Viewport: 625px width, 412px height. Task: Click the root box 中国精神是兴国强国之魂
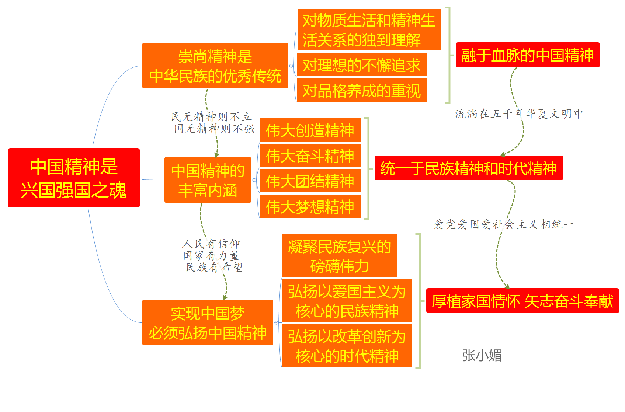click(x=74, y=178)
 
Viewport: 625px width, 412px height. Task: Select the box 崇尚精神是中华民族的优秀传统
click(x=215, y=66)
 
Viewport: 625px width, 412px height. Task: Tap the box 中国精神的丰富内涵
click(x=208, y=180)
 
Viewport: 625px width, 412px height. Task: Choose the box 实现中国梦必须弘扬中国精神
click(x=208, y=322)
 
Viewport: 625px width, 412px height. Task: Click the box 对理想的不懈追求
click(x=362, y=65)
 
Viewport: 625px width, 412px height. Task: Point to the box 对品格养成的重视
click(x=362, y=90)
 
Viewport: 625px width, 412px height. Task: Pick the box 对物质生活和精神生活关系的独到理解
click(x=369, y=30)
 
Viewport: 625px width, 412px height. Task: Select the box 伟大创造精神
click(x=310, y=130)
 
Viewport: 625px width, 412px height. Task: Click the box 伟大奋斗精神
click(x=310, y=156)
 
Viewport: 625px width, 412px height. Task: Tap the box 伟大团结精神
click(x=310, y=181)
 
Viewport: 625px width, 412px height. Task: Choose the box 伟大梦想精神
click(x=310, y=206)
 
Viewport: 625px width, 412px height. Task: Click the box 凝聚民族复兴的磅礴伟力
click(x=340, y=256)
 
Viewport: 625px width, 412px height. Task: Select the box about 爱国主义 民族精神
click(x=347, y=301)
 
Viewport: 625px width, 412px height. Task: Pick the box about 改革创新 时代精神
click(x=347, y=346)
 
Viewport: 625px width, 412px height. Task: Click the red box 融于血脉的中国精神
click(x=528, y=55)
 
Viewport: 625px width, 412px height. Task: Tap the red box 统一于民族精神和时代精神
click(x=469, y=168)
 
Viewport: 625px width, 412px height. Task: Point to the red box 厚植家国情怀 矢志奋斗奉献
click(x=522, y=301)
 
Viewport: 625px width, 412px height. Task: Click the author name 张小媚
click(x=482, y=355)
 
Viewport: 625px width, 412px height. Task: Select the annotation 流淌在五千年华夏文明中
click(x=519, y=114)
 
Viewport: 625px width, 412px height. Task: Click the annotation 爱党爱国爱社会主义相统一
click(x=504, y=224)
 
